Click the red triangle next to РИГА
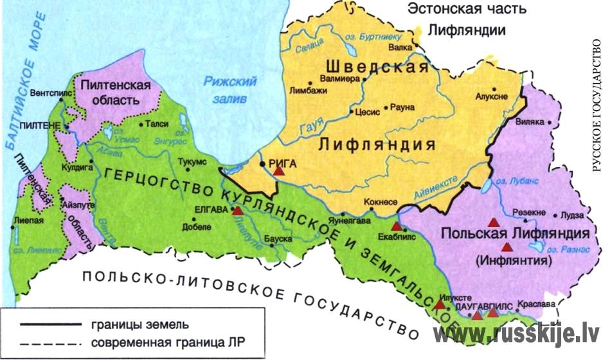[278, 170]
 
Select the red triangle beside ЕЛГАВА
[238, 210]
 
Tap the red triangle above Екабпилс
[396, 226]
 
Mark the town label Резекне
[530, 213]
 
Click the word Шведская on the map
[377, 67]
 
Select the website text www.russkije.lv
[516, 334]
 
